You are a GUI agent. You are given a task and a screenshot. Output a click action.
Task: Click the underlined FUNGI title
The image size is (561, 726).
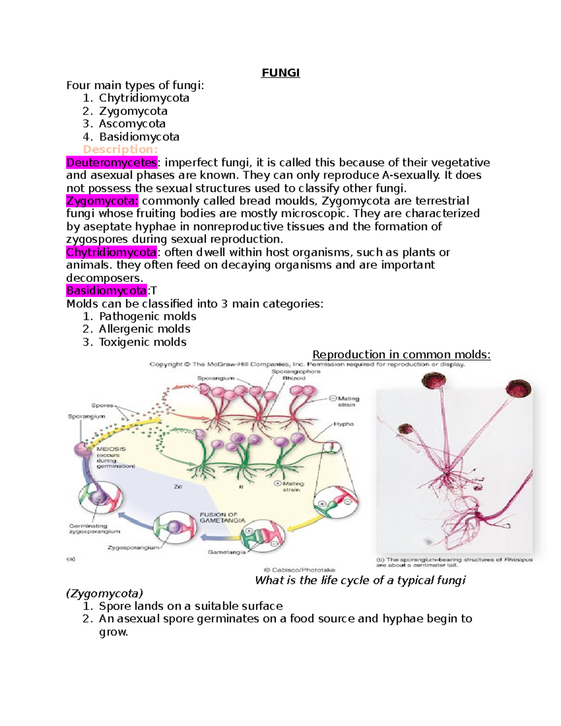280,73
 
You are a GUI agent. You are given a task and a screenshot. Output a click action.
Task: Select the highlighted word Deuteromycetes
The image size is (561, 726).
111,163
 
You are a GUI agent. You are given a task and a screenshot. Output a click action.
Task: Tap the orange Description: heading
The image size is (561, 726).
120,150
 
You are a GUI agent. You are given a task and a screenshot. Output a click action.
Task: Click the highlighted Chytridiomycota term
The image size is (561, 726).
111,252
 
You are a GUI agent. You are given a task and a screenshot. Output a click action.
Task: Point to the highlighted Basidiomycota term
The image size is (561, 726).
106,291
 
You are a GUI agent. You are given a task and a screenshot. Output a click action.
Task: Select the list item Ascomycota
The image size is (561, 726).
132,124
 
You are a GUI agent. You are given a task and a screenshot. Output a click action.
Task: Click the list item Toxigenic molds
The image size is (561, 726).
143,342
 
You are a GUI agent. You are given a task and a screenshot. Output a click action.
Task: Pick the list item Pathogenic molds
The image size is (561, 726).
147,316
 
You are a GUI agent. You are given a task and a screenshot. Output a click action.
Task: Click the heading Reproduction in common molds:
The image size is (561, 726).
401,355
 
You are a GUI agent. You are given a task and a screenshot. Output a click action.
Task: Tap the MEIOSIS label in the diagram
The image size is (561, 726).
111,449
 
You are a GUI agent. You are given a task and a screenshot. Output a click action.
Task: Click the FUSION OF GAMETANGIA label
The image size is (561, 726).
222,518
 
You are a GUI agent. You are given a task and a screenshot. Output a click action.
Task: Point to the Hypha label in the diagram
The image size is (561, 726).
344,424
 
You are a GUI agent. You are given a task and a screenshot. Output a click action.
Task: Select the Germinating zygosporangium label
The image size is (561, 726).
94,529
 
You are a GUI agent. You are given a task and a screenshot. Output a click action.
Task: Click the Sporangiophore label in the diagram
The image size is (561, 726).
296,372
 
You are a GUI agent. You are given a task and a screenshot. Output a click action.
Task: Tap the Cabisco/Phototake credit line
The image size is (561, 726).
299,570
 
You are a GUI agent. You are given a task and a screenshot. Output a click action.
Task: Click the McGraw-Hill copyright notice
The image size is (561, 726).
307,364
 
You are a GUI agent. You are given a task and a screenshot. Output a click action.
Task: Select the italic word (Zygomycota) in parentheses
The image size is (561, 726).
104,594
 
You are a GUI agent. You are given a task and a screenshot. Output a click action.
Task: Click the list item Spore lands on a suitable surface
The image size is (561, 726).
191,606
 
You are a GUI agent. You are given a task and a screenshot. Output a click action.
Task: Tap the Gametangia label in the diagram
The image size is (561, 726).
226,552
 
